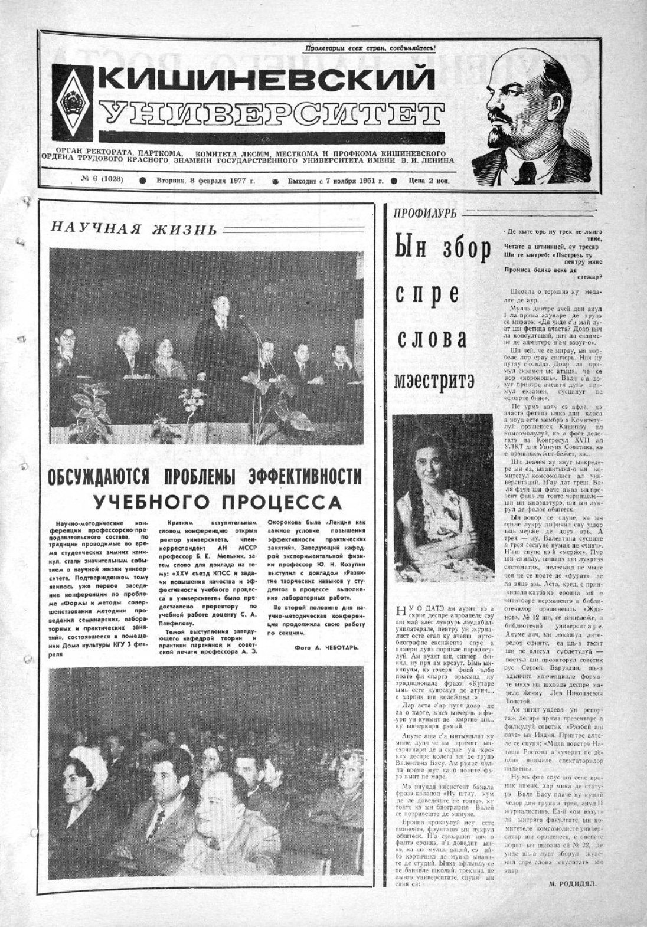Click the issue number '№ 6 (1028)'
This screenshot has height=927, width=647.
click(99, 181)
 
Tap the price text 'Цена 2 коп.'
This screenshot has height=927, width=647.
click(429, 181)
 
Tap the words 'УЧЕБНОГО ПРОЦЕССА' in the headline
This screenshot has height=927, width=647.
click(218, 502)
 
